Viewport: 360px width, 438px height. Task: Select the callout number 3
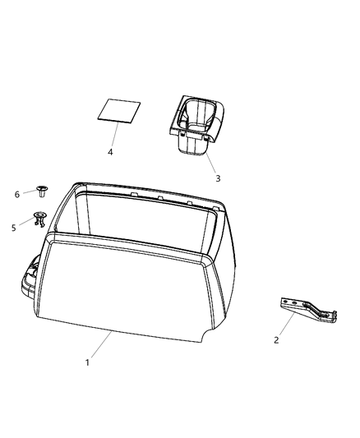coord(218,178)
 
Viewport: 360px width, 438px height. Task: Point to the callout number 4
coord(110,153)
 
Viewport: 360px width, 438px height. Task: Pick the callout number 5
coord(14,228)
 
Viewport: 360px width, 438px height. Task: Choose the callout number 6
coord(16,194)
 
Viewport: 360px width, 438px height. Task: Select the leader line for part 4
coord(114,136)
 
